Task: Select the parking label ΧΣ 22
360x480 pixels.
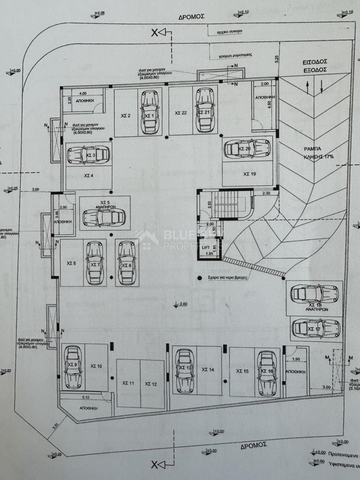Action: click(x=180, y=113)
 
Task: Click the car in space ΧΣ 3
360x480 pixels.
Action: click(x=88, y=155)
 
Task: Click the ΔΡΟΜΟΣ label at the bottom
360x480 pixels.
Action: click(x=253, y=444)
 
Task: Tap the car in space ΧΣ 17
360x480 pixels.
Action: click(x=309, y=328)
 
